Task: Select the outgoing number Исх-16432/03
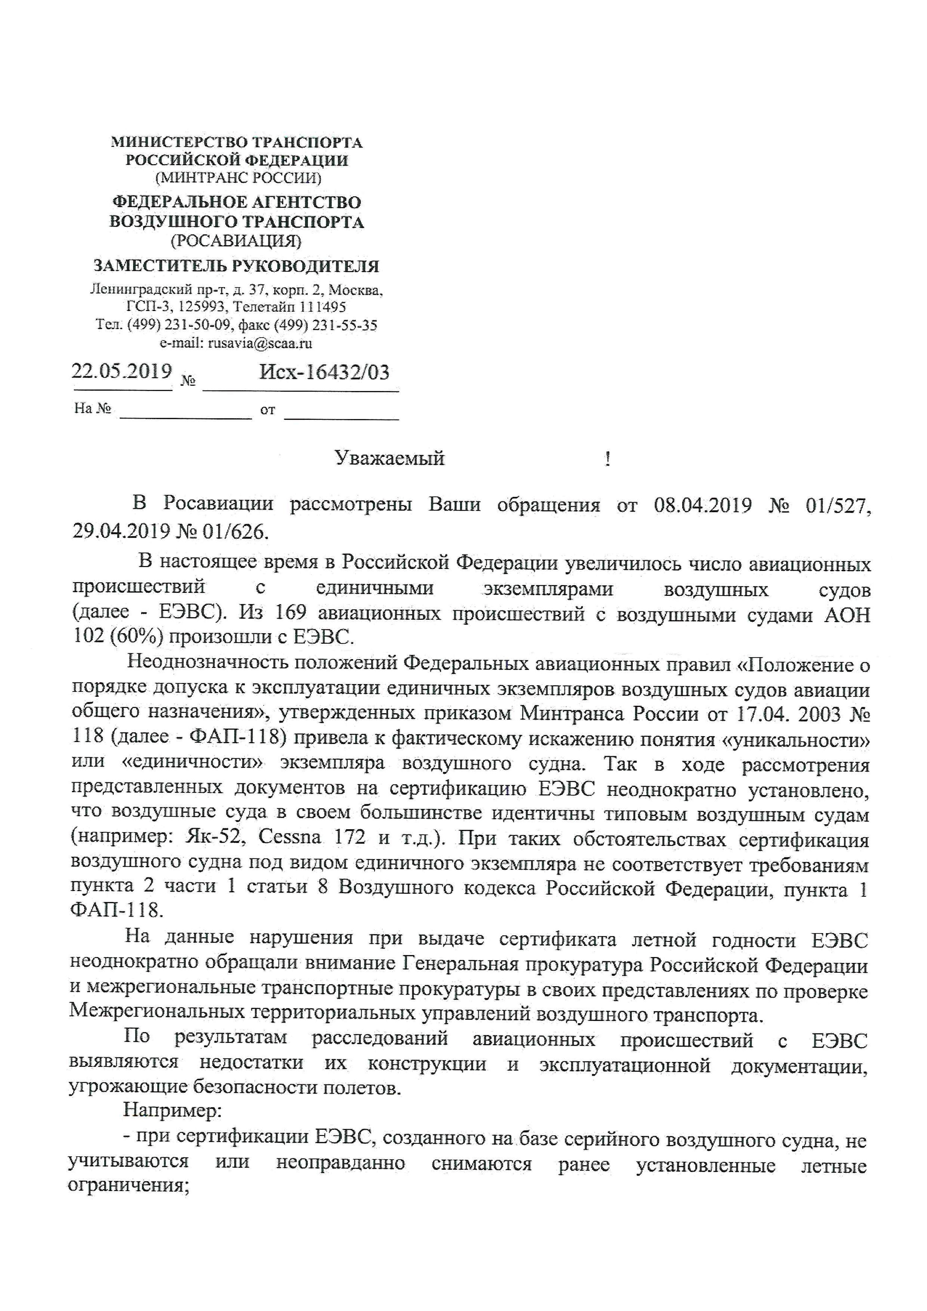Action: (x=324, y=373)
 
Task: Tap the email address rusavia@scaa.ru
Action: (x=260, y=343)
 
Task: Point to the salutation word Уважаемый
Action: (x=389, y=459)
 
